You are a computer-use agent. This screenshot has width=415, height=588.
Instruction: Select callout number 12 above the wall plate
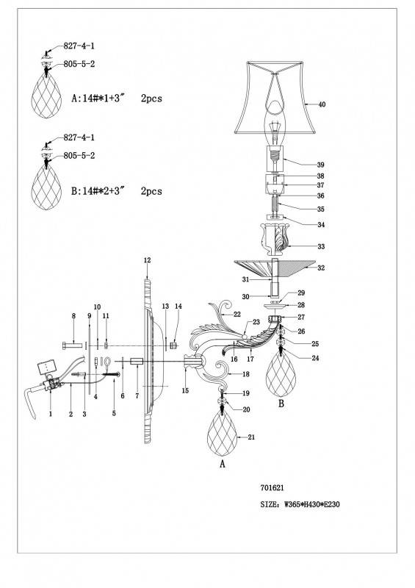click(147, 260)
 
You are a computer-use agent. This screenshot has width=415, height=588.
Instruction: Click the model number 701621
click(275, 487)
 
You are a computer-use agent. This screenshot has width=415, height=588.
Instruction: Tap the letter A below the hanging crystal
click(221, 465)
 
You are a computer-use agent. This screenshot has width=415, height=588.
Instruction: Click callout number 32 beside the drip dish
click(321, 268)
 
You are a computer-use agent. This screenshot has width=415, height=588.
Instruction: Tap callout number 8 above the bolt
click(73, 316)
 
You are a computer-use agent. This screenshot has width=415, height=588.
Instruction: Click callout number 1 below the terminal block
click(50, 414)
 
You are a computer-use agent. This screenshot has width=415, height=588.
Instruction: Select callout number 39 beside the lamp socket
click(321, 165)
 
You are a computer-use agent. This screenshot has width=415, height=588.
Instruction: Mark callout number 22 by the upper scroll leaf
click(237, 314)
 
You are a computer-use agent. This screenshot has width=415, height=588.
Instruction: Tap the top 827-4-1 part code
click(80, 46)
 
